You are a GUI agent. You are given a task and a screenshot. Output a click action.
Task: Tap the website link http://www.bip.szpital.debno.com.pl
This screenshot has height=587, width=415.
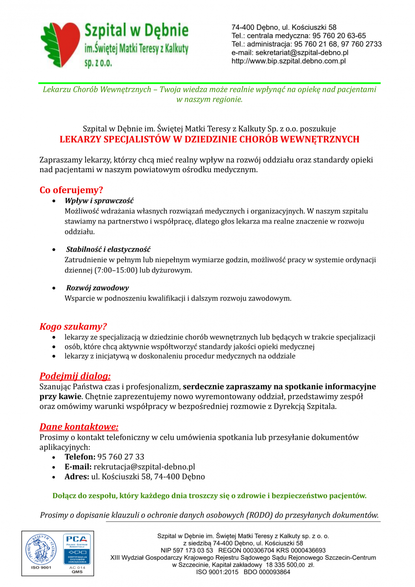pyautogui.click(x=289, y=61)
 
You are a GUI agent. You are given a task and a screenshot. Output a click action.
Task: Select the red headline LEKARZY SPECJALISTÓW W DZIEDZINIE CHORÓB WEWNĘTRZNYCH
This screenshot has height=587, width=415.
pyautogui.click(x=209, y=139)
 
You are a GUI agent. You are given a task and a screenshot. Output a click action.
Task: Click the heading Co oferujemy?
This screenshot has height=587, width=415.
pyautogui.click(x=71, y=190)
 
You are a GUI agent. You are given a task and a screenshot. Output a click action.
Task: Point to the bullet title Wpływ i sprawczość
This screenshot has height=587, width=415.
pyautogui.click(x=99, y=201)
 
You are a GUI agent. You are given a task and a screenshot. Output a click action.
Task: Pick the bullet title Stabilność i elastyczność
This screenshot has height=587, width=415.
pyautogui.click(x=108, y=249)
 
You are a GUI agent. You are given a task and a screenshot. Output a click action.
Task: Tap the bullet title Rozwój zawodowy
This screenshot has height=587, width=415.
pyautogui.click(x=97, y=288)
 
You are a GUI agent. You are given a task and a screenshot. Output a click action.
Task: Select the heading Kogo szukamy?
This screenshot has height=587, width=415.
pyautogui.click(x=73, y=326)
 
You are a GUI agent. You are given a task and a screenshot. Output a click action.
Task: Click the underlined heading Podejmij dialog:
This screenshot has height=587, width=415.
pyautogui.click(x=75, y=376)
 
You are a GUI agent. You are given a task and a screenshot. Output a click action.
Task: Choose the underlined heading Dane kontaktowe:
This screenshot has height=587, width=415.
pyautogui.click(x=79, y=427)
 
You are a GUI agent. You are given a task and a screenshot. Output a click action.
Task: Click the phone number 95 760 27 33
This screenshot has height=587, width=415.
pyautogui.click(x=121, y=457)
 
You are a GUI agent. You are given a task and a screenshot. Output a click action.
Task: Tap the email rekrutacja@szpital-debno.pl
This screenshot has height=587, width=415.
pyautogui.click(x=144, y=467)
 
